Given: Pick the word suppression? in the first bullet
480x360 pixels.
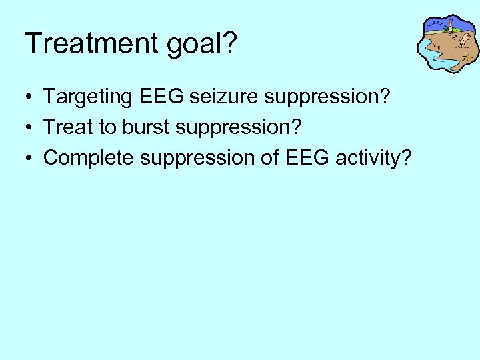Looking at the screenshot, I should tap(327, 98).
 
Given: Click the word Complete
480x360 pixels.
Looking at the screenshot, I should tap(89, 159).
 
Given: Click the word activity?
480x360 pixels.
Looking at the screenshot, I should tap(374, 159).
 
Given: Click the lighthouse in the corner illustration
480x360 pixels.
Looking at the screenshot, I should tap(451, 27).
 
